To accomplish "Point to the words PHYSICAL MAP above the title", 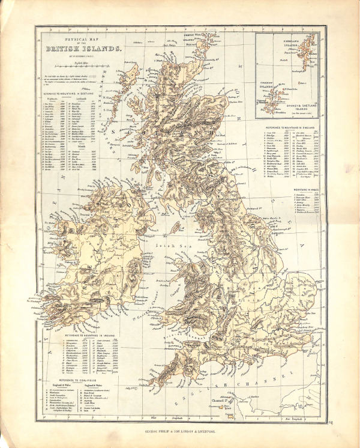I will pos(83,40).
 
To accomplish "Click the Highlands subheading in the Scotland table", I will pos(54,99).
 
